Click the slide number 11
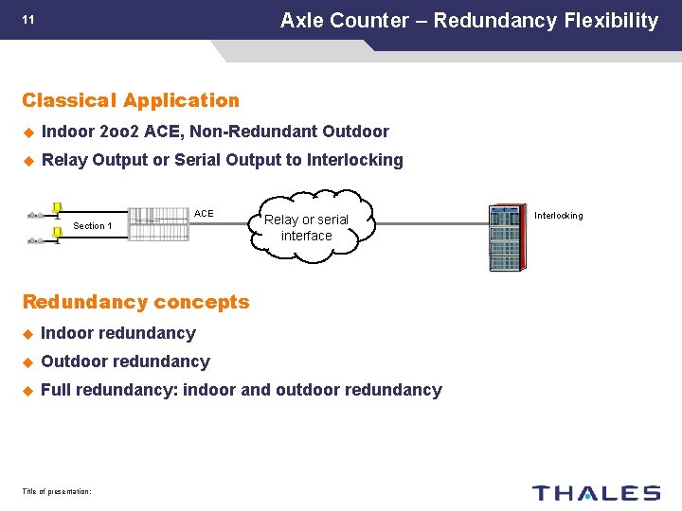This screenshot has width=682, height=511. click(28, 19)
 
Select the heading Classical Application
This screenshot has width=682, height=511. click(131, 100)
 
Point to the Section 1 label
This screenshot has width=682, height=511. click(93, 225)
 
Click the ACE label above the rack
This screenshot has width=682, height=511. click(204, 213)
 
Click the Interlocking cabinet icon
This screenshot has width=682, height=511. click(507, 237)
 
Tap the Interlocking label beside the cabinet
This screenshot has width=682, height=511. click(559, 216)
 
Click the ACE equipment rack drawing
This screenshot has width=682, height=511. click(158, 225)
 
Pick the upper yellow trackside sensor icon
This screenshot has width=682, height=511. click(57, 209)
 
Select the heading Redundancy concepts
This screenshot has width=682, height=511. click(135, 302)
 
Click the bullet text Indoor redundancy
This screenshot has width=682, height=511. click(118, 333)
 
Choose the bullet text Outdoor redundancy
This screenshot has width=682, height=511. click(125, 361)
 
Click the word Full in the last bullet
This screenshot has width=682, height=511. click(57, 390)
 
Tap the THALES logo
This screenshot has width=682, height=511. click(596, 492)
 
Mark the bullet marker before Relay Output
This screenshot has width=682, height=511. click(28, 160)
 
